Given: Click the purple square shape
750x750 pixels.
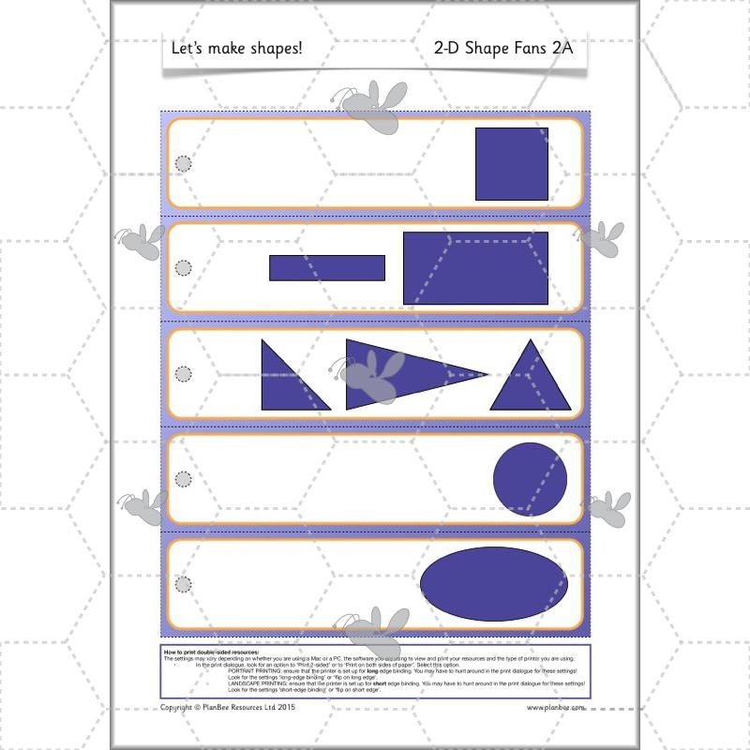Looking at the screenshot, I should point(512,164).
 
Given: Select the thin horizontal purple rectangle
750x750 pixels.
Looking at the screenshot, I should point(326,268).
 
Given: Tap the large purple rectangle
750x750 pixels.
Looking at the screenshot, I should point(475,268).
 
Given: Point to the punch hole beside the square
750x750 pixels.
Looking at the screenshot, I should point(184,164).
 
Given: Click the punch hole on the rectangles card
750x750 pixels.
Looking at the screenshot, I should point(184,268).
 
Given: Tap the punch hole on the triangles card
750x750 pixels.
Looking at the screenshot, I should point(184,373).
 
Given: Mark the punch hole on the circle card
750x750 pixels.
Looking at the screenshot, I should point(184,479).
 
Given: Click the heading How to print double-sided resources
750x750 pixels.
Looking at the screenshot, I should point(211,651).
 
